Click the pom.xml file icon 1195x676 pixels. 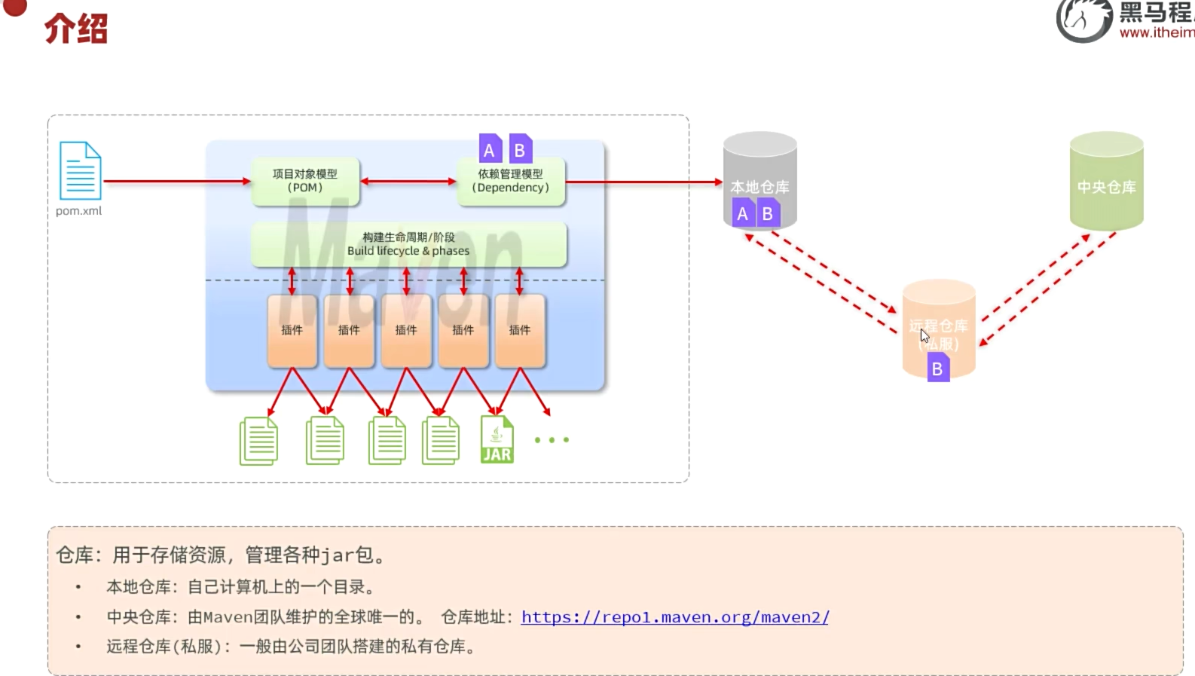point(80,170)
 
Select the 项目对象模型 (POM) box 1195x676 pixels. point(305,181)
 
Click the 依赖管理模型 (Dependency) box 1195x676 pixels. point(511,181)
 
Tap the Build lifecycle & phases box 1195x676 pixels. point(408,244)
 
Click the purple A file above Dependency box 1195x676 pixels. point(490,149)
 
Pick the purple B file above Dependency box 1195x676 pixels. point(520,149)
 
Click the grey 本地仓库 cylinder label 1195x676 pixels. point(759,186)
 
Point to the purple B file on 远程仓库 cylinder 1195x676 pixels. point(937,369)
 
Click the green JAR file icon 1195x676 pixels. point(497,439)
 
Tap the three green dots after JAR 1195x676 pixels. point(552,439)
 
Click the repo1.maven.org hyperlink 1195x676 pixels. point(674,617)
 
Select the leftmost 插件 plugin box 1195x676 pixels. point(292,330)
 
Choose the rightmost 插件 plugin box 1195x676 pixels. point(520,330)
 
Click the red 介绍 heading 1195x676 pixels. point(76,29)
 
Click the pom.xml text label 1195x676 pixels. point(78,211)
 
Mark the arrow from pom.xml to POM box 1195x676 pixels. point(177,181)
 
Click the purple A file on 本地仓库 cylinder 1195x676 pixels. point(742,213)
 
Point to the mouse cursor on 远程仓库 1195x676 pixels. point(924,335)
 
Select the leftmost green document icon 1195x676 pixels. point(258,441)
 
